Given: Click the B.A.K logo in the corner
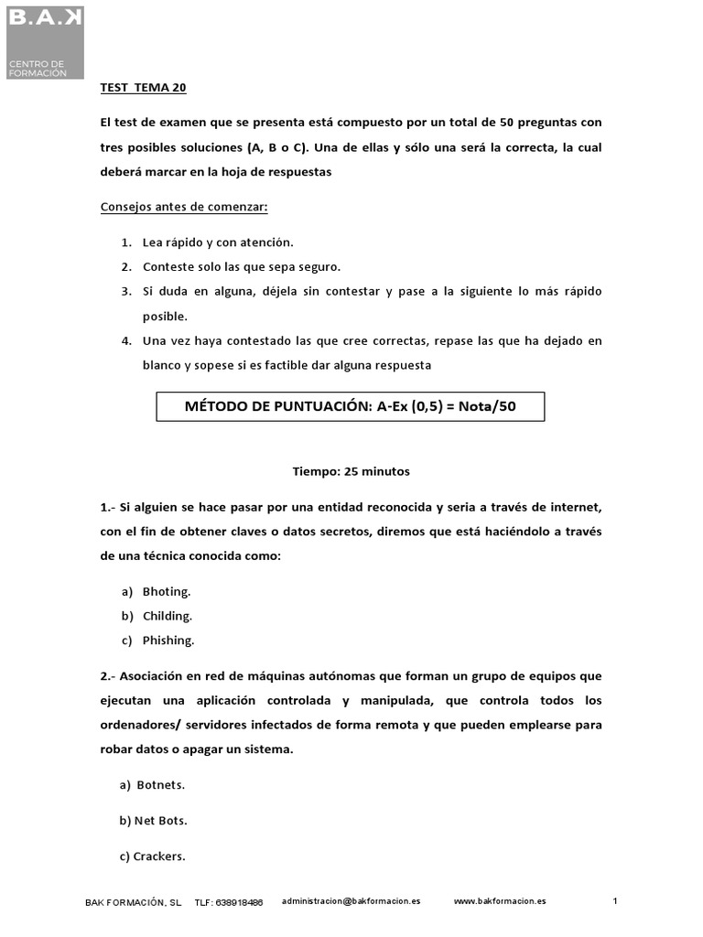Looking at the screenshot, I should pyautogui.click(x=45, y=40).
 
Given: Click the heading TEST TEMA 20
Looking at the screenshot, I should pyautogui.click(x=143, y=89).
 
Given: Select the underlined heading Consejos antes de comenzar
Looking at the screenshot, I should pyautogui.click(x=184, y=206).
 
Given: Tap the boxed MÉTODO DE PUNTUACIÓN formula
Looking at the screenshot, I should pyautogui.click(x=351, y=406).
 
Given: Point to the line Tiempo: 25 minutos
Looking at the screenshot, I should pyautogui.click(x=351, y=472).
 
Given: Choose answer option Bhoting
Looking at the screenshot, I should pyautogui.click(x=167, y=592).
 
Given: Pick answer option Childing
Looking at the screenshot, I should pyautogui.click(x=167, y=617).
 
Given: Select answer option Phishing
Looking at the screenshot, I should pyautogui.click(x=168, y=641).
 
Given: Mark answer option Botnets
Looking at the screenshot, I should pyautogui.click(x=160, y=785).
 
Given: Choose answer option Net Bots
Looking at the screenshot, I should pyautogui.click(x=160, y=821).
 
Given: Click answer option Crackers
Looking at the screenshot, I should pyautogui.click(x=158, y=857).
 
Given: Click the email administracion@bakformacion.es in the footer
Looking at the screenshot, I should pyautogui.click(x=351, y=901).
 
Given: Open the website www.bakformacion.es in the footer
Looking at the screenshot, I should pyautogui.click(x=500, y=901).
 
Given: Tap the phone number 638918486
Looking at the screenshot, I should pyautogui.click(x=240, y=903).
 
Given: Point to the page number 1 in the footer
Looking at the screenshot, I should pyautogui.click(x=615, y=901).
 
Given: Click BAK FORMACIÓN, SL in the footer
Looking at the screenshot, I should pyautogui.click(x=134, y=903).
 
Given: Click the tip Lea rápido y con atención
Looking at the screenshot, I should pyautogui.click(x=218, y=242).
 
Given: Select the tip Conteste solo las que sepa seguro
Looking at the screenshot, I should pyautogui.click(x=241, y=267).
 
